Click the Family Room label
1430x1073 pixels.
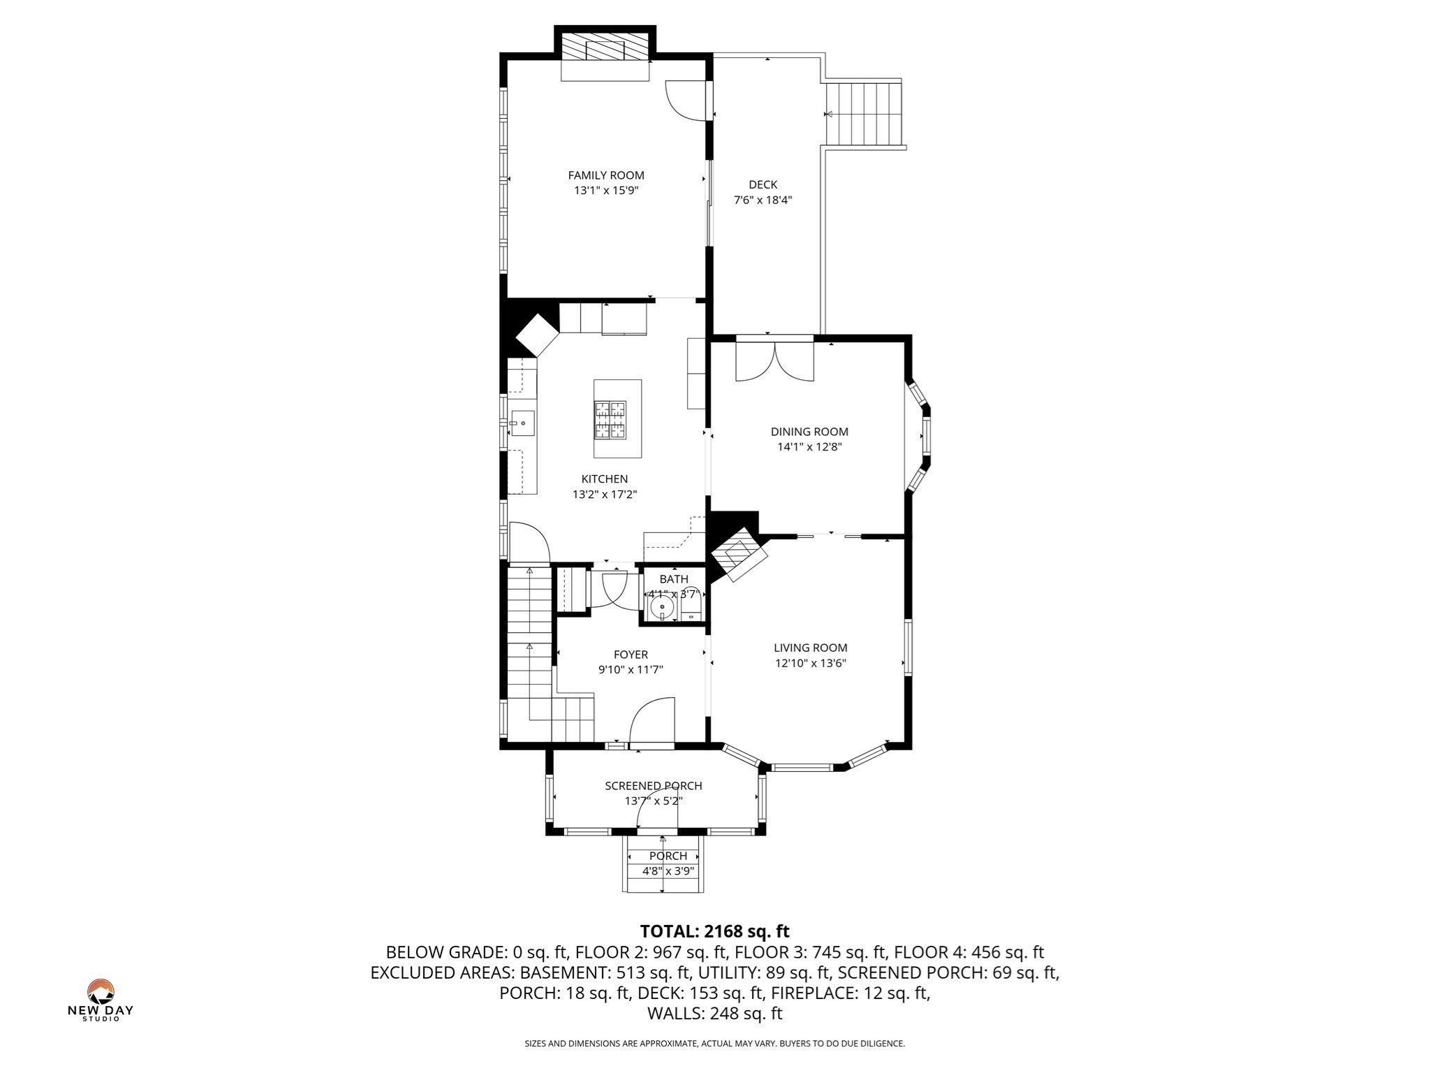pyautogui.click(x=605, y=175)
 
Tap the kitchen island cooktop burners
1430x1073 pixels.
pyautogui.click(x=610, y=420)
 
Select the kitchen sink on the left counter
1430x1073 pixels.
pyautogui.click(x=522, y=423)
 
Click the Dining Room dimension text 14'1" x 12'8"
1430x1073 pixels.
pyautogui.click(x=809, y=447)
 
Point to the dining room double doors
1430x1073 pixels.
pyautogui.click(x=775, y=361)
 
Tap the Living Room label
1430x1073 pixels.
pyautogui.click(x=810, y=648)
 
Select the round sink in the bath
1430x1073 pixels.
pyautogui.click(x=662, y=608)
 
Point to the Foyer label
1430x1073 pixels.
pyautogui.click(x=631, y=655)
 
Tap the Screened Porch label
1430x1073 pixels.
pyautogui.click(x=653, y=786)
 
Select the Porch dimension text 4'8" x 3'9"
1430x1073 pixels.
pyautogui.click(x=668, y=871)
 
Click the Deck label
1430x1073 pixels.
pyautogui.click(x=762, y=184)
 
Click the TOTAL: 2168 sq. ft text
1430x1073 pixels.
pyautogui.click(x=714, y=931)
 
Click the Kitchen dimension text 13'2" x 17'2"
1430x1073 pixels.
pyautogui.click(x=605, y=495)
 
